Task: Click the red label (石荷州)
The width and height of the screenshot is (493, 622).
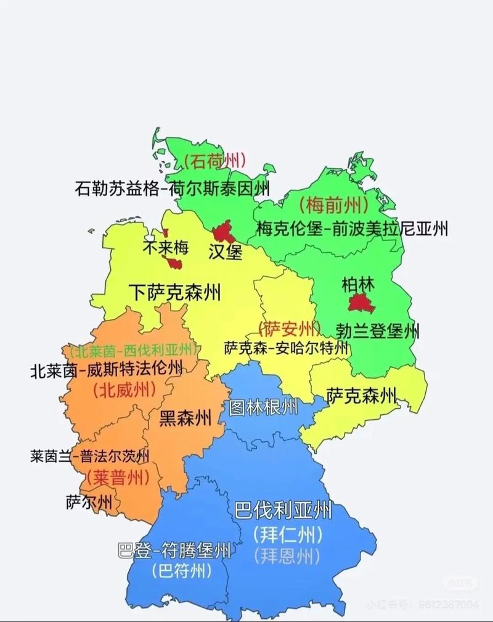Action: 215,162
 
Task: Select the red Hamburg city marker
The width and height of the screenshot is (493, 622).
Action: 221,234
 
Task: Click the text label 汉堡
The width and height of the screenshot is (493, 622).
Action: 226,252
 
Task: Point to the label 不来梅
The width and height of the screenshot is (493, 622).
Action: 165,247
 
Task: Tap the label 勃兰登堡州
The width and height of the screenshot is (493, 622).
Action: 378,331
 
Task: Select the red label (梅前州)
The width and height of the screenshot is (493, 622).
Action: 333,204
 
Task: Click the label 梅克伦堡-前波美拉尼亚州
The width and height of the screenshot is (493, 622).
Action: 352,229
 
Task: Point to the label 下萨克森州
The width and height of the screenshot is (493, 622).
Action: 175,292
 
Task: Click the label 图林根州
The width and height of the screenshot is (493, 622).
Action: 263,407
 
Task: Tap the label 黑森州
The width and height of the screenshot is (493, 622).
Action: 185,418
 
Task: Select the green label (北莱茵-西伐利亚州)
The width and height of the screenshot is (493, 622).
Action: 134,351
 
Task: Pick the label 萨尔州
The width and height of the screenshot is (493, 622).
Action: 89,502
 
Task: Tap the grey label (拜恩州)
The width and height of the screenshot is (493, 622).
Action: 286,556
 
